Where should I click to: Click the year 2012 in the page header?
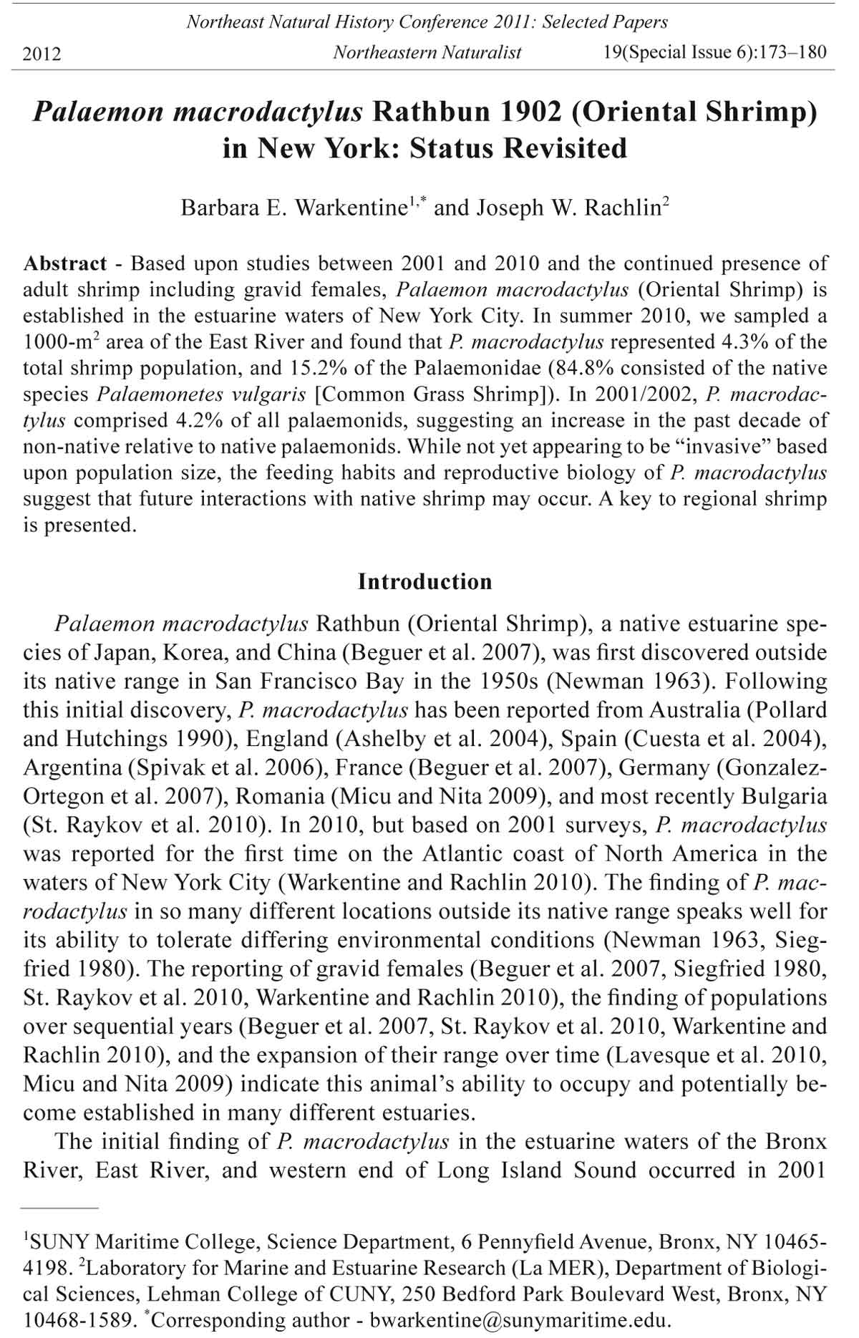point(42,54)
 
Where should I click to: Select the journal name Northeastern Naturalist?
point(427,52)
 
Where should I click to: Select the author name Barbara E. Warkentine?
point(293,208)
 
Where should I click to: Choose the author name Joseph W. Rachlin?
point(568,208)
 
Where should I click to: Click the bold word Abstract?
point(65,263)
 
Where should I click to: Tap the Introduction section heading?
point(425,581)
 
